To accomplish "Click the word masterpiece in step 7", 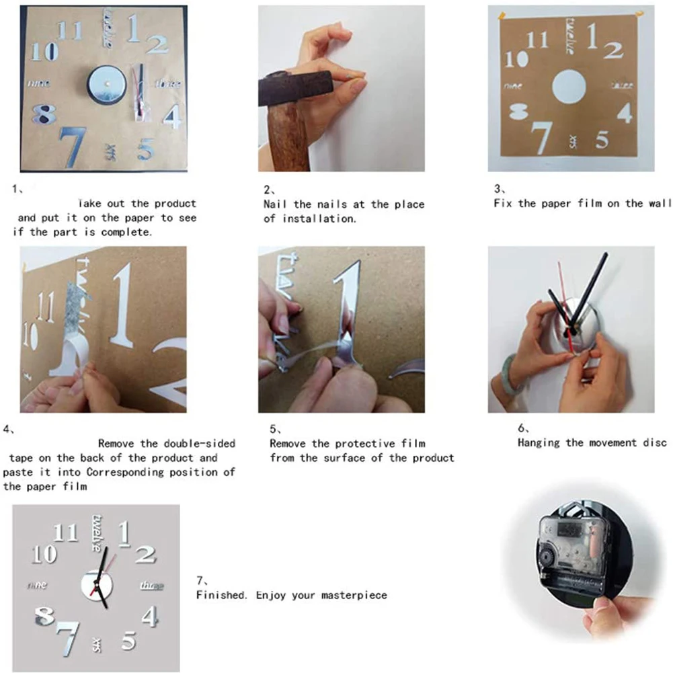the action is pyautogui.click(x=354, y=595).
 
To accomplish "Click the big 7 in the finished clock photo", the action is pyautogui.click(x=68, y=639).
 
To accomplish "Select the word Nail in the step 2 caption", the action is pyautogui.click(x=275, y=204).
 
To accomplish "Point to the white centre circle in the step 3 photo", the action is pyautogui.click(x=569, y=87).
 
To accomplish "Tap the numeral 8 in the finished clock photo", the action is pyautogui.click(x=44, y=616).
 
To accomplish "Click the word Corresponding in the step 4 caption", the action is pyautogui.click(x=125, y=472).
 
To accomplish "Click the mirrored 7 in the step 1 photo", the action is pyautogui.click(x=72, y=147).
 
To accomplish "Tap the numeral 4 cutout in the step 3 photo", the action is pyautogui.click(x=625, y=112).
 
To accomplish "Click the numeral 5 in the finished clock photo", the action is pyautogui.click(x=128, y=641).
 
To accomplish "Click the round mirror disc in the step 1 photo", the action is pyautogui.click(x=106, y=84).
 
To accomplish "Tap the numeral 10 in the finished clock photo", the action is pyautogui.click(x=44, y=554).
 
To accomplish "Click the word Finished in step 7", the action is pyautogui.click(x=221, y=595).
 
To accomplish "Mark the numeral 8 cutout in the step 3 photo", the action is pyautogui.click(x=518, y=112).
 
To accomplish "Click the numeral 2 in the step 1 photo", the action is pyautogui.click(x=157, y=44).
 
